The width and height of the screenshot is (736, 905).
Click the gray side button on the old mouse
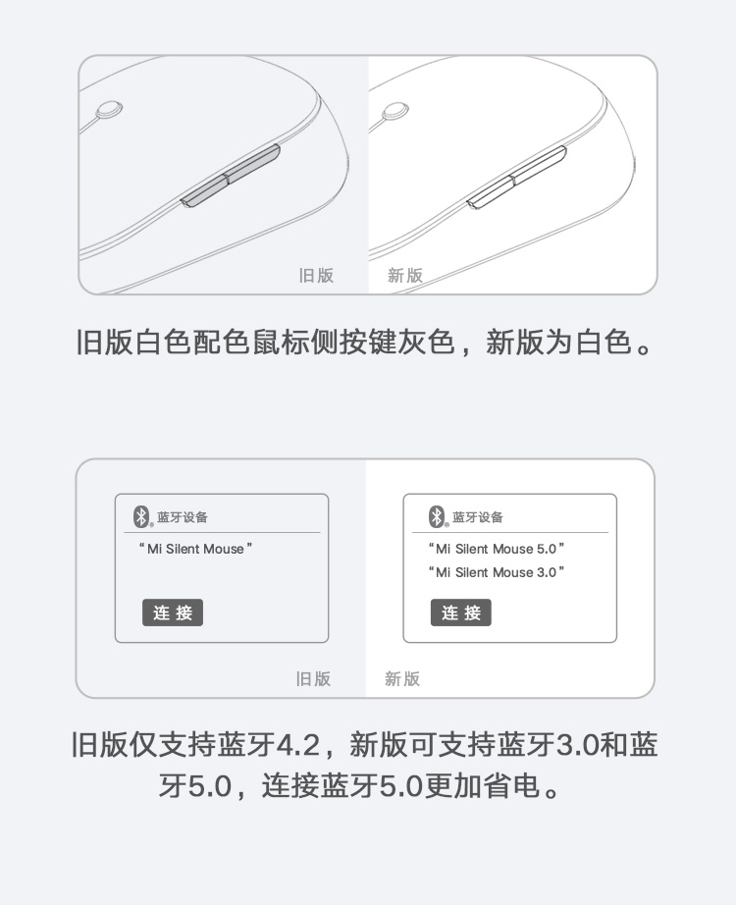coord(231,176)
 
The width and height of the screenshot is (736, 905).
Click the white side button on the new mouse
coord(516,178)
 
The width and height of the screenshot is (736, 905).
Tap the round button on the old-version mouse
coord(109,110)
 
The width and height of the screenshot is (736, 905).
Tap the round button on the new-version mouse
coord(395,111)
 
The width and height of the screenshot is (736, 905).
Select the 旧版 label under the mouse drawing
coord(316,275)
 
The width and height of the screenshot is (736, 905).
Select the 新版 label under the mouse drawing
coord(405,275)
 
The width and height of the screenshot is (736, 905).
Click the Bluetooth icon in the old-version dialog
coord(141,516)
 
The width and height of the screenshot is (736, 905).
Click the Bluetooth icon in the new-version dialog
coord(437,516)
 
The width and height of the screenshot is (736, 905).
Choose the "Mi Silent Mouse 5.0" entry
coord(497,549)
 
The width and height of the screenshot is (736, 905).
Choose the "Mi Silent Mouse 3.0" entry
coord(497,572)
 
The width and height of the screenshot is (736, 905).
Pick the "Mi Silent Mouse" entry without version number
coord(195,549)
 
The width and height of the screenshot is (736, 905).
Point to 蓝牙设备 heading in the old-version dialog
coord(183,517)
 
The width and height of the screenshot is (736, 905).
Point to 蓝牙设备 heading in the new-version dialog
coord(478,517)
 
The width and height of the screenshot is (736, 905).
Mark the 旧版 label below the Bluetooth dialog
coord(313,679)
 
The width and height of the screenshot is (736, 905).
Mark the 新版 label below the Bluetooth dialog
coord(402,679)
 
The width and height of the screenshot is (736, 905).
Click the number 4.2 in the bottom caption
coord(298,745)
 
